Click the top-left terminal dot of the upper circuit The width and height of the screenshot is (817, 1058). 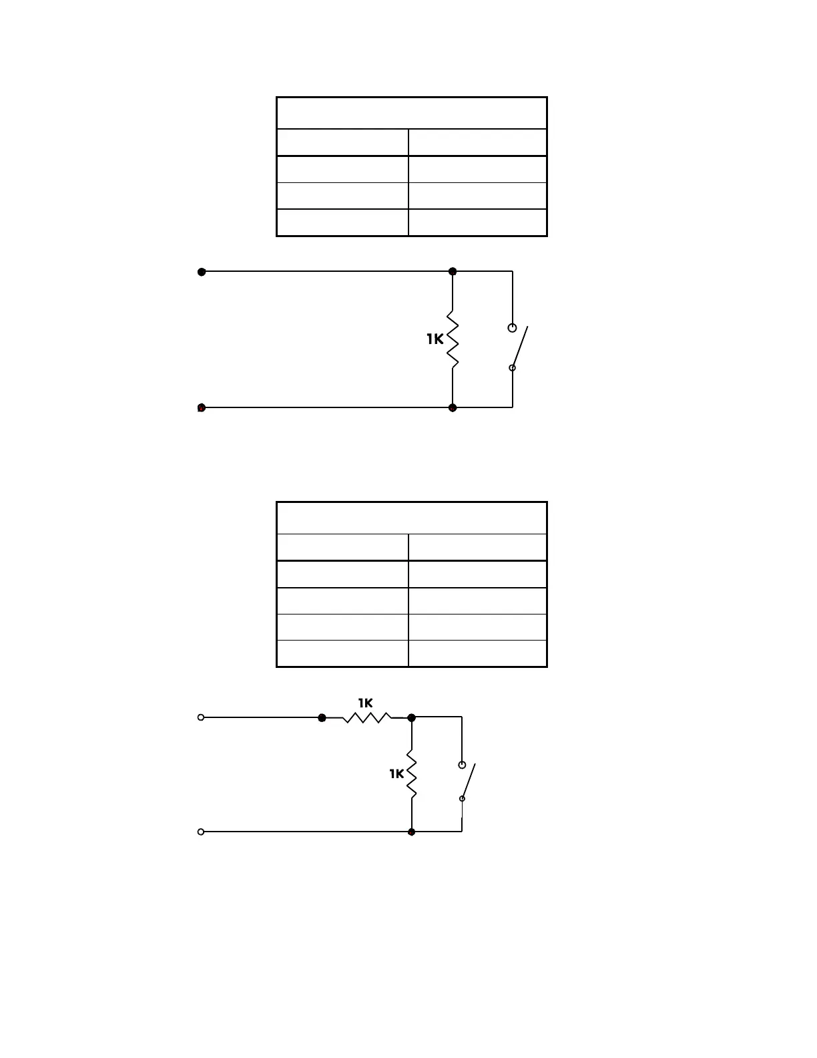click(x=202, y=272)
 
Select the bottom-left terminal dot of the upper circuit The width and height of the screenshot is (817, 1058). click(x=202, y=408)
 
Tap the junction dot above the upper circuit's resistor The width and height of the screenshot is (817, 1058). click(x=453, y=271)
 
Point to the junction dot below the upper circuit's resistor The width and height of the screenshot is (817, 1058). click(x=453, y=407)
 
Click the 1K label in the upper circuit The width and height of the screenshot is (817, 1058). click(x=435, y=339)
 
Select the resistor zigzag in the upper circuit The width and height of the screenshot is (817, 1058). click(x=453, y=339)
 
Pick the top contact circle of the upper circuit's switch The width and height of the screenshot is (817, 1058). click(x=512, y=328)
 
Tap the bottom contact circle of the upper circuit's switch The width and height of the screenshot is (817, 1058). click(x=512, y=368)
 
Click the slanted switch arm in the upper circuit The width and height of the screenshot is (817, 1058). click(x=521, y=346)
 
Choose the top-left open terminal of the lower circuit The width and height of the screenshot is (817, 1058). click(x=201, y=717)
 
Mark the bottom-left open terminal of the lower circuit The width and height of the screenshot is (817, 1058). click(x=201, y=832)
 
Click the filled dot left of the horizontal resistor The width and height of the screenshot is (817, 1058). click(x=322, y=717)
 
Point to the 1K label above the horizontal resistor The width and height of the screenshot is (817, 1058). click(x=365, y=703)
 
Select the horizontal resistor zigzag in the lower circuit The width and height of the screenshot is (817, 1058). click(x=367, y=717)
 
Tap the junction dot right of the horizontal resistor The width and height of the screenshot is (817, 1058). click(x=412, y=717)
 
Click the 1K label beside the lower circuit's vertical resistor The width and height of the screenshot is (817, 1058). click(x=396, y=773)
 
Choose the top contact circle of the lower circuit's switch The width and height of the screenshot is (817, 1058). click(x=462, y=765)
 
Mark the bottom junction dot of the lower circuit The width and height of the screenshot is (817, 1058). click(x=412, y=832)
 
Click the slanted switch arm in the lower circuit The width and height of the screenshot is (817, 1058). click(x=469, y=780)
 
